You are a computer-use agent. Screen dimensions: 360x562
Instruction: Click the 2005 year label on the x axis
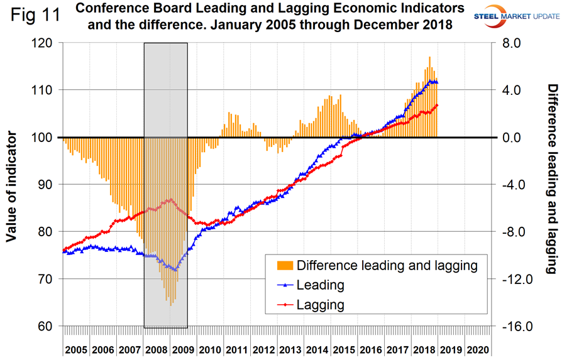point(76,349)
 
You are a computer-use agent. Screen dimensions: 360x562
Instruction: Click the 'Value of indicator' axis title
point(11,185)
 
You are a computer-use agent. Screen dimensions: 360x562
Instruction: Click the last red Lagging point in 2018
point(437,105)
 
